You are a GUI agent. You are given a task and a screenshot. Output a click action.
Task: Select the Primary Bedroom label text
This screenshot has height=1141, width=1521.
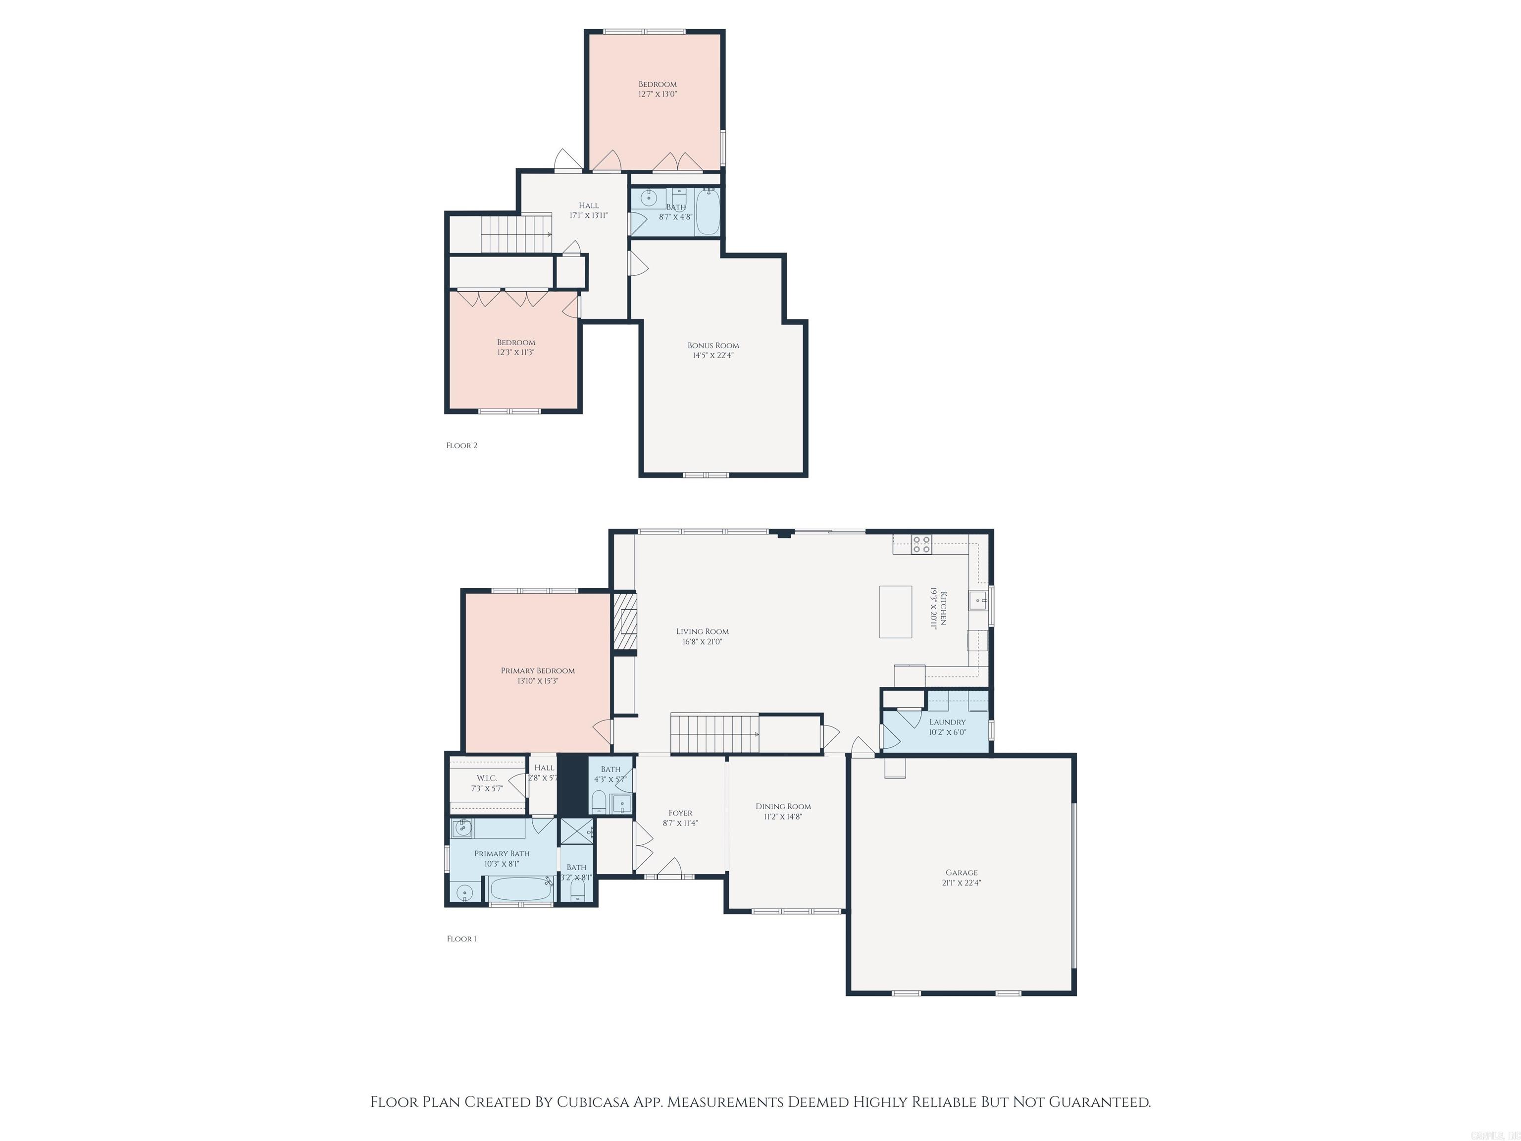pyautogui.click(x=537, y=671)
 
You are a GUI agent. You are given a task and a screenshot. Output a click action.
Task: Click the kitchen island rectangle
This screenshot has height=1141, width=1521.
pyautogui.click(x=896, y=612)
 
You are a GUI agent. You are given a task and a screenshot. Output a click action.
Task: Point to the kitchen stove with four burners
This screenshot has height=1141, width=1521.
pyautogui.click(x=921, y=545)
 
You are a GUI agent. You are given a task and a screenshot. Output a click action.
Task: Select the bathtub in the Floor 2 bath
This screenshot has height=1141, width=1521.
pyautogui.click(x=708, y=212)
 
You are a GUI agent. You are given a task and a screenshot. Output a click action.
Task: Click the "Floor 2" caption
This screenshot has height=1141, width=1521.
pyautogui.click(x=461, y=446)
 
